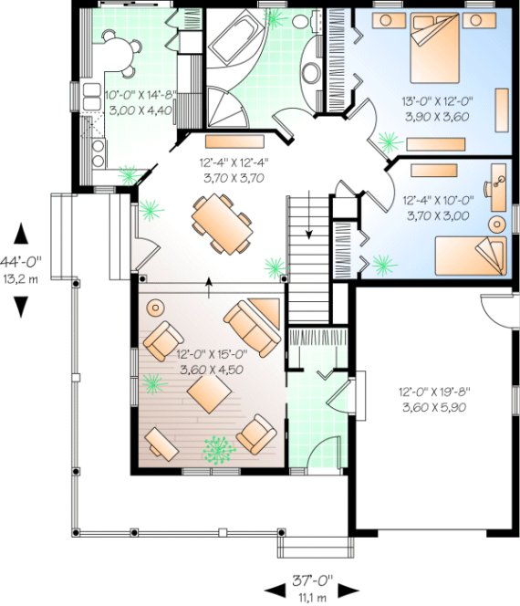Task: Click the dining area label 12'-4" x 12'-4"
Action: click(233, 171)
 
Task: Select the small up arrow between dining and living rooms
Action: click(211, 284)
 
